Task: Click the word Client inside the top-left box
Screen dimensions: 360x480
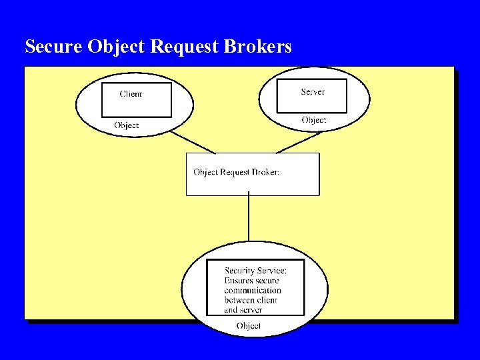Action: click(131, 94)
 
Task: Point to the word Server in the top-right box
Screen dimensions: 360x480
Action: click(313, 91)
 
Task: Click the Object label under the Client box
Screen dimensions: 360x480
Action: click(127, 125)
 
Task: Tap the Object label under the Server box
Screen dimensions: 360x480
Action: click(314, 120)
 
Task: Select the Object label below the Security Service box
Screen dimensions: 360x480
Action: click(249, 326)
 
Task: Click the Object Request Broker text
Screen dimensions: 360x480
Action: click(236, 172)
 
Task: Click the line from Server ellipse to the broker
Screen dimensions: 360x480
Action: click(300, 142)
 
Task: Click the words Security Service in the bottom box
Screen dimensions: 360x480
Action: click(255, 271)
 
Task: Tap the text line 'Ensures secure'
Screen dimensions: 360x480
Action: click(251, 281)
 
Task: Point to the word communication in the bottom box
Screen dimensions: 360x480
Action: click(253, 291)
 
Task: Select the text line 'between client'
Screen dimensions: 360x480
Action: click(251, 300)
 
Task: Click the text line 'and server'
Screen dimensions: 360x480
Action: click(243, 310)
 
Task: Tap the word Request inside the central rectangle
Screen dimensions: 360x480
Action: click(236, 172)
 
